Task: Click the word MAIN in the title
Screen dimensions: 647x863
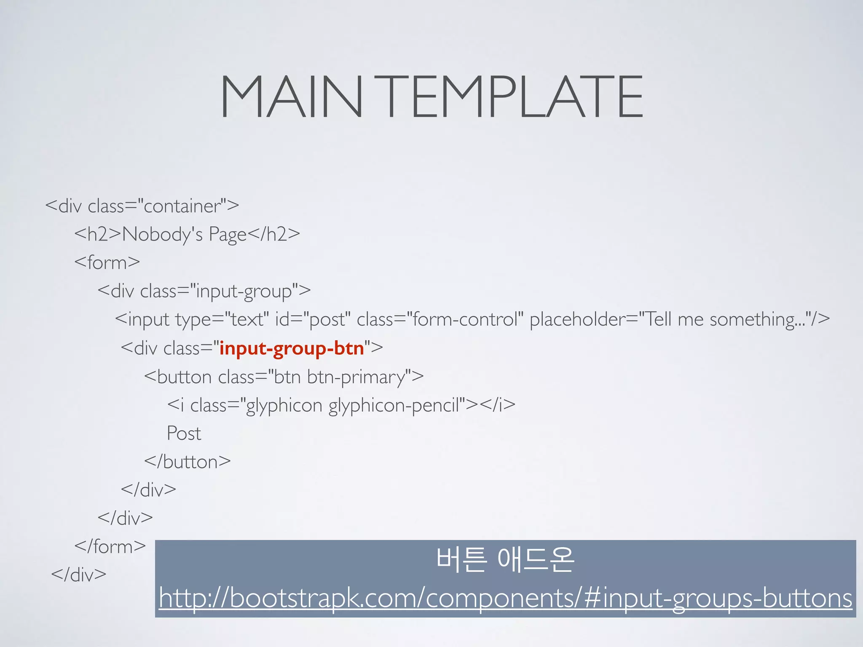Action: [x=291, y=97]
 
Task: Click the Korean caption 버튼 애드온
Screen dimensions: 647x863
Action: [x=505, y=560]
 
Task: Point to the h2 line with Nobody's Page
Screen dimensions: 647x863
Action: [x=187, y=234]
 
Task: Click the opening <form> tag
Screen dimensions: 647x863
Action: [x=107, y=262]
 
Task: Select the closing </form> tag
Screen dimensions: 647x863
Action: [x=110, y=547]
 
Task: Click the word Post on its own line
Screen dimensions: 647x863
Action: [x=184, y=433]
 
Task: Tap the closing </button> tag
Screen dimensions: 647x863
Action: [x=188, y=462]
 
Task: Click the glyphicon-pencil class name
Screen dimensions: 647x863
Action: [x=394, y=405]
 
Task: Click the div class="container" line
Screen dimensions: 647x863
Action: [x=142, y=206]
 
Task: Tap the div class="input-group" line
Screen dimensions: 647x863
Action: [x=204, y=291]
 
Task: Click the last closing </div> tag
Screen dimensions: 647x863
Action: [x=79, y=575]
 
